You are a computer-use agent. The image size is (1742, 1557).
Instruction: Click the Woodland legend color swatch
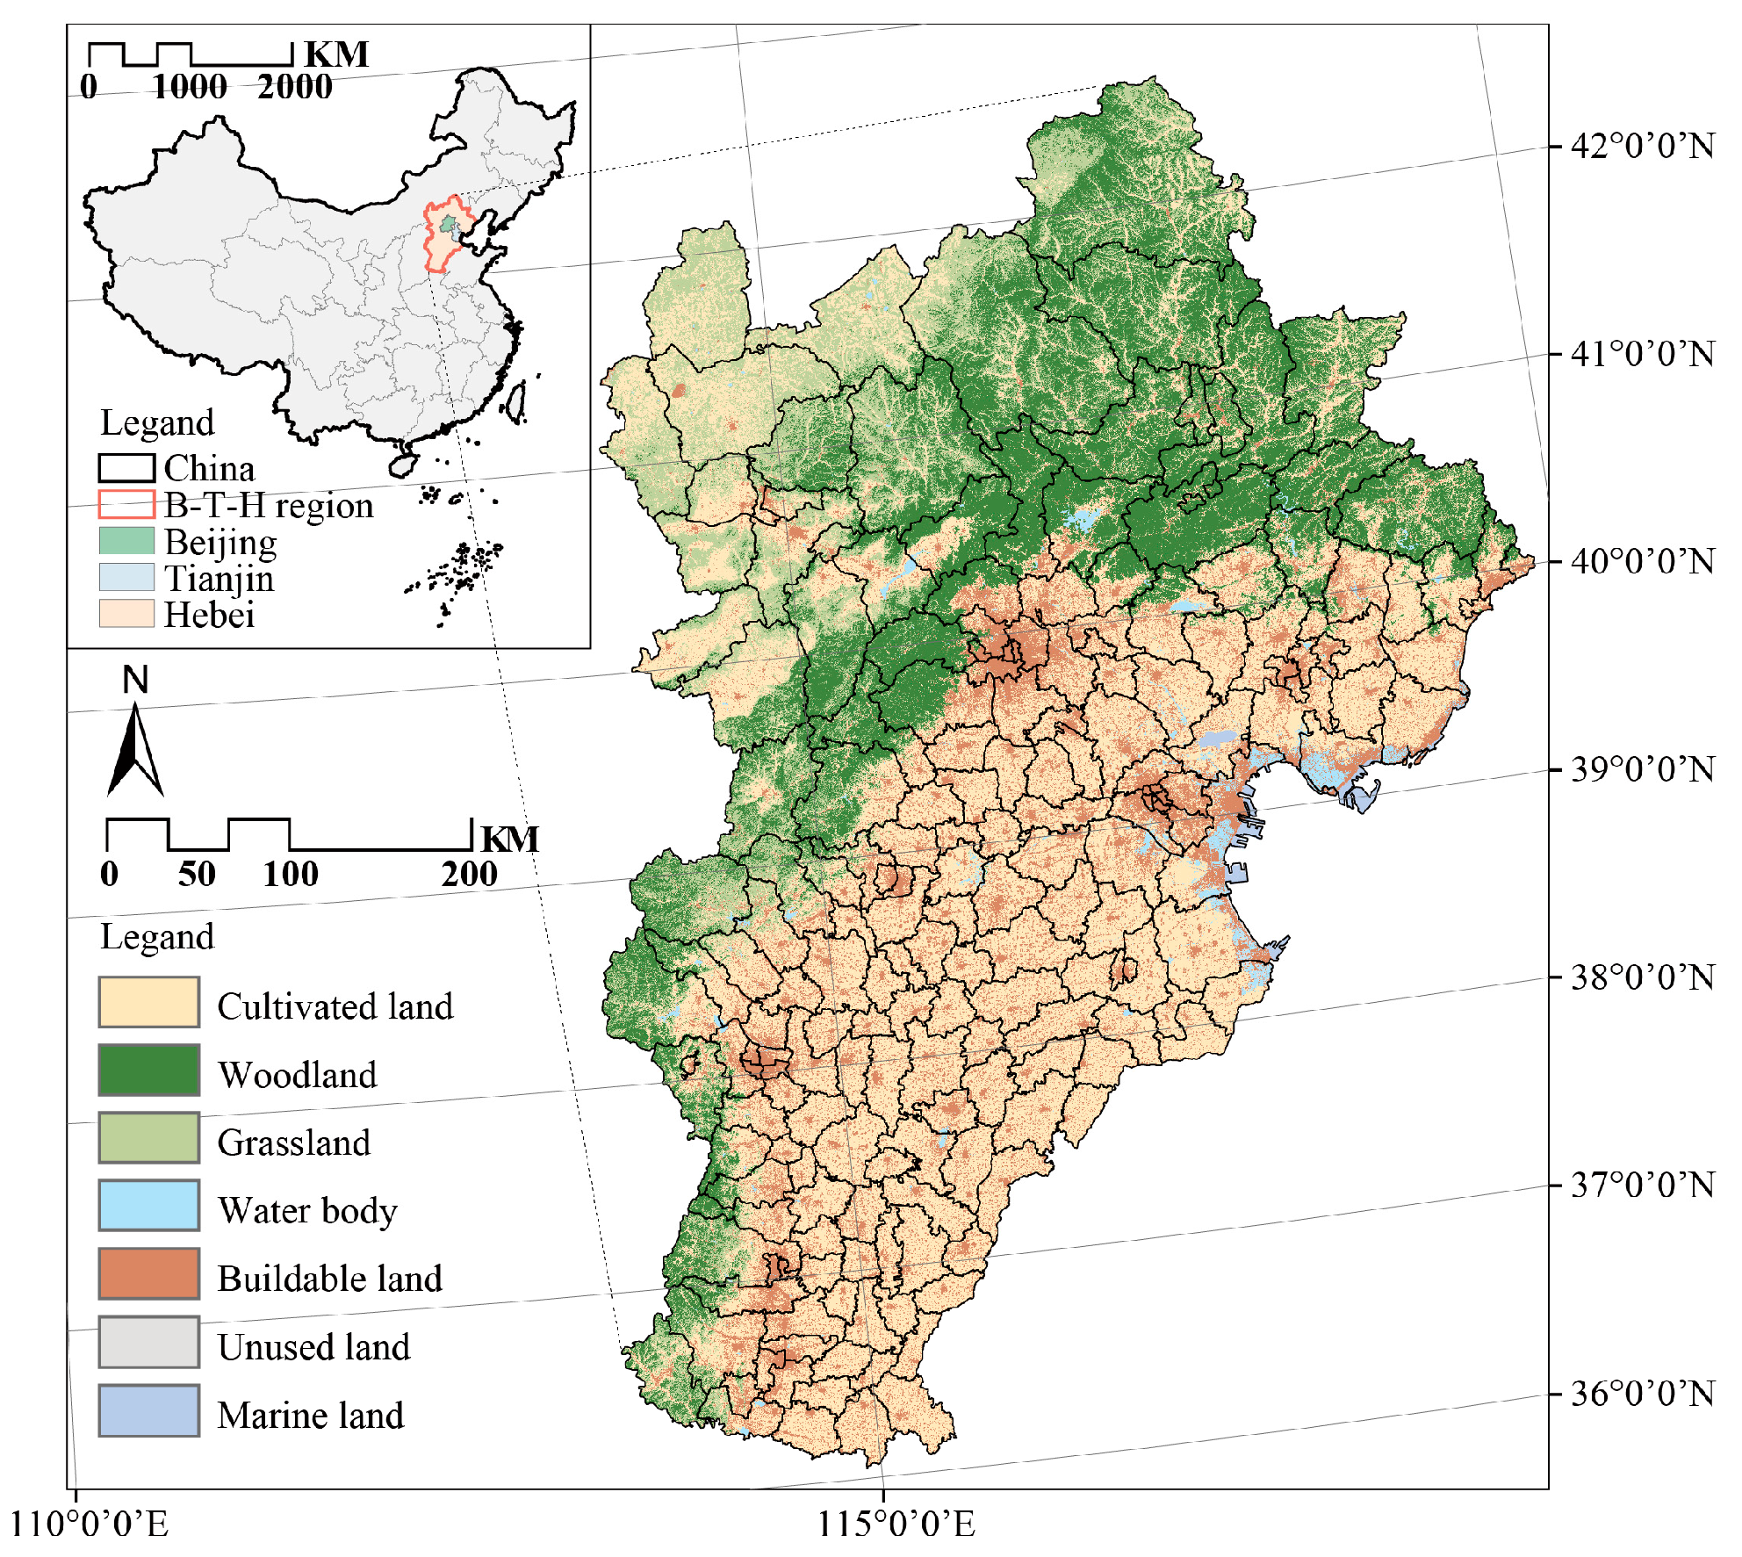pos(148,1070)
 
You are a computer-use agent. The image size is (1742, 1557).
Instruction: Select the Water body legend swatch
pos(148,1205)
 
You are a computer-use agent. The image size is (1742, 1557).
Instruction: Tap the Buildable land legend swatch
pos(148,1273)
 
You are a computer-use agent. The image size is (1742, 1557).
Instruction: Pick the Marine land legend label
pos(311,1415)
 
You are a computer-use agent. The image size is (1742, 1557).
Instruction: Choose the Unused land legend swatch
pos(148,1342)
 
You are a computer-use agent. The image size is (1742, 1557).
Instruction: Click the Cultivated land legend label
pos(335,1006)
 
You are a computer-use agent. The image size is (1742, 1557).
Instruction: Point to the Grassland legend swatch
pos(148,1137)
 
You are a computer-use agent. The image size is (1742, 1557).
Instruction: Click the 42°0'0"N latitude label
pos(1642,146)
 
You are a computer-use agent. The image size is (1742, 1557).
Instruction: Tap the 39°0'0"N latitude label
pos(1642,769)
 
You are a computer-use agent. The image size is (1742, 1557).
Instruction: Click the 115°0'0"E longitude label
pos(896,1525)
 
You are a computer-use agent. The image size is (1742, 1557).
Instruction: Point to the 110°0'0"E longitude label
pos(89,1525)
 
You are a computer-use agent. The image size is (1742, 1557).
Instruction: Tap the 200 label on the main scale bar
pos(470,875)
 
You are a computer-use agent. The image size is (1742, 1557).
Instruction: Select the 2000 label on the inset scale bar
pos(295,87)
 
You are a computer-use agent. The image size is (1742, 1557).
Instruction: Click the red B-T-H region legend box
pos(126,505)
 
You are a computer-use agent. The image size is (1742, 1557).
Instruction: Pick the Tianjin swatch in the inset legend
pos(126,578)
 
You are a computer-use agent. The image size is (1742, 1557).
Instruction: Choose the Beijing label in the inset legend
pos(220,543)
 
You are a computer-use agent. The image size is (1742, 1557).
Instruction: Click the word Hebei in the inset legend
pos(209,615)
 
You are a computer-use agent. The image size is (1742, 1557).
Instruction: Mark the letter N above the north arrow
pos(135,680)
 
